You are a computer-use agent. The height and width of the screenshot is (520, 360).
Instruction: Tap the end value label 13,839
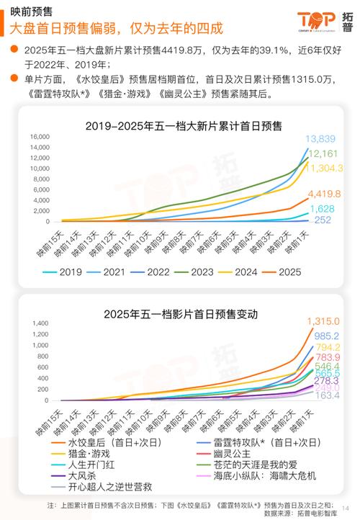point(320,139)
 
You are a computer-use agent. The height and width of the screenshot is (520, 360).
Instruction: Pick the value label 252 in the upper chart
point(323,220)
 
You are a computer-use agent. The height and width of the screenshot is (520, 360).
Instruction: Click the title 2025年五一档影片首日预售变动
point(181,314)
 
